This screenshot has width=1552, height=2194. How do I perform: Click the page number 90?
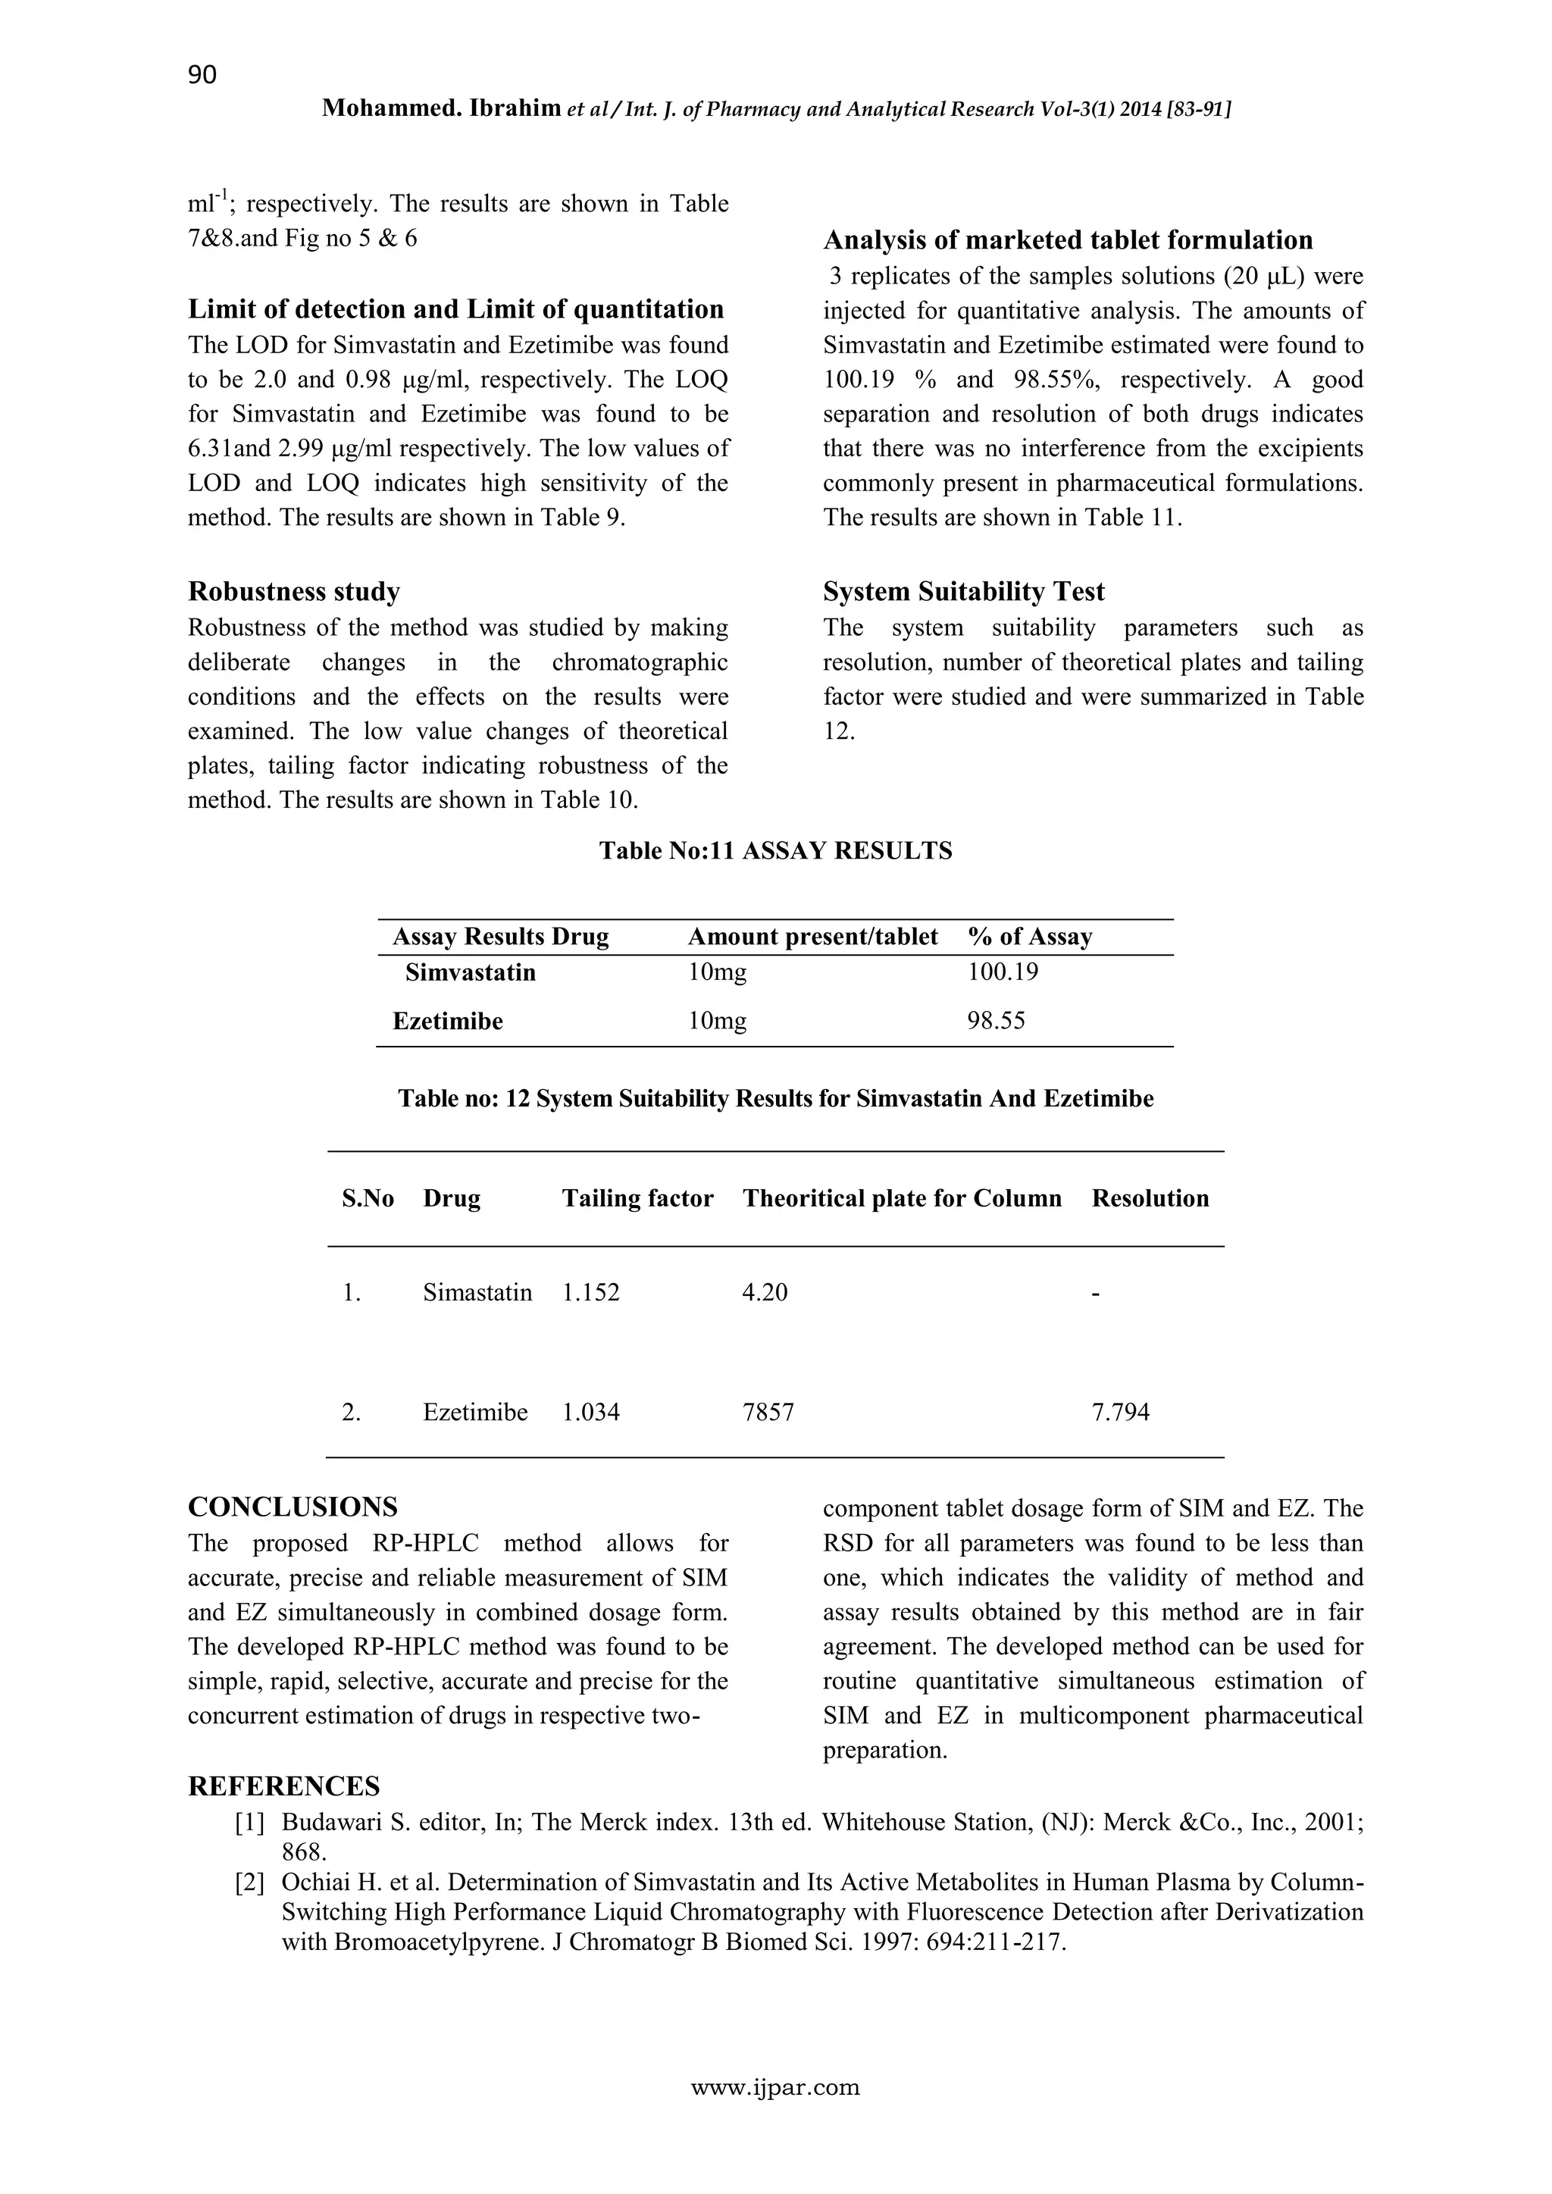coord(202,74)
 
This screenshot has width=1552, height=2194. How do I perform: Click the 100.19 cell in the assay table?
coord(1003,973)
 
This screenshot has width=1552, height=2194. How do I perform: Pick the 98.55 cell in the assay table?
coord(996,1021)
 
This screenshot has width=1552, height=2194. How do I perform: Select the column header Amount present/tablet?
coord(812,937)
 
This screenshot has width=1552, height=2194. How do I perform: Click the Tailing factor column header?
coord(637,1198)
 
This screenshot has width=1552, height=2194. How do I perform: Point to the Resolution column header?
coord(1150,1198)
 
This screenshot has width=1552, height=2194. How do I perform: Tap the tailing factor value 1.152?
coord(590,1293)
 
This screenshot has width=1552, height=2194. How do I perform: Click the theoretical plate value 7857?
coord(768,1413)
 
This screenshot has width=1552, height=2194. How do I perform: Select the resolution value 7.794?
coord(1120,1413)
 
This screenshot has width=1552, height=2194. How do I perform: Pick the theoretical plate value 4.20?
coord(765,1293)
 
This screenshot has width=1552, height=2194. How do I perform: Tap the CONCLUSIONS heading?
coord(293,1507)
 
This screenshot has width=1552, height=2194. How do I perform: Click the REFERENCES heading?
coord(284,1786)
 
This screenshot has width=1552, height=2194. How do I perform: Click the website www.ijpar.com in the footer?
coord(775,2114)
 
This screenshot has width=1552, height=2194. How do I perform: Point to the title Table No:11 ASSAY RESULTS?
coord(775,850)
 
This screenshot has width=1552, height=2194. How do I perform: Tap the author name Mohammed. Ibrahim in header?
coord(440,109)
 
